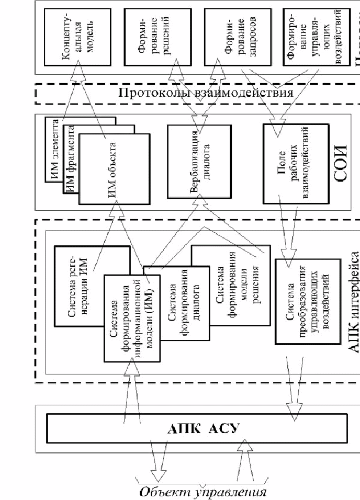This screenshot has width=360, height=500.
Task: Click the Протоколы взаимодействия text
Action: [x=204, y=94]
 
